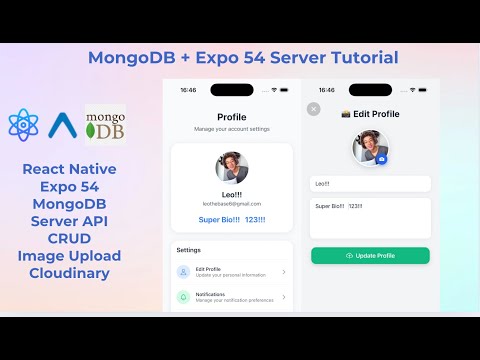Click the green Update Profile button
coord(370,256)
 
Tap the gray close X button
coord(314,109)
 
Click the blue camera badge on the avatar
coord(381,158)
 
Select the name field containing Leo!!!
coord(370,184)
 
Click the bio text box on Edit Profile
coord(370,217)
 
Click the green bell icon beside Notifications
coord(183,297)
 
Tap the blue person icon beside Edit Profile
coord(183,272)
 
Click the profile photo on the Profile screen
coord(232,168)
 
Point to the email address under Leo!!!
coord(232,203)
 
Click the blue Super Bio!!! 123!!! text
coord(232,219)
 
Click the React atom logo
coord(23,124)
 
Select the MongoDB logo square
coord(105,125)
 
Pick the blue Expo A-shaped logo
coord(63,125)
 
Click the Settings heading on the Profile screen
coord(189,250)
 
